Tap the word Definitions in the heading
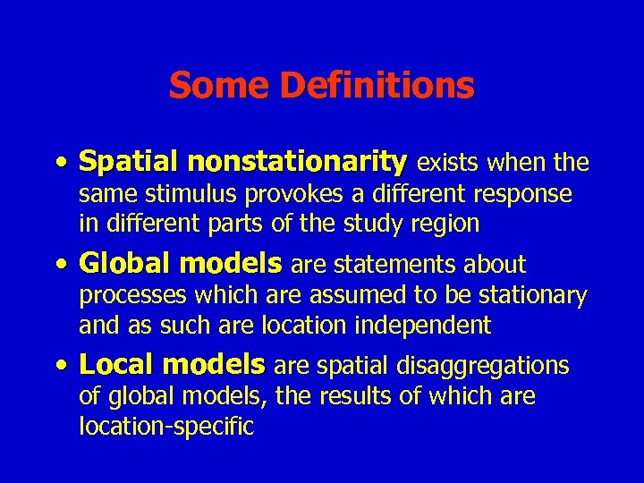[x=377, y=86]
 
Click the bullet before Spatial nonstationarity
[x=58, y=164]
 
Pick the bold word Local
[x=116, y=365]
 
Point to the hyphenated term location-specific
[x=166, y=426]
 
